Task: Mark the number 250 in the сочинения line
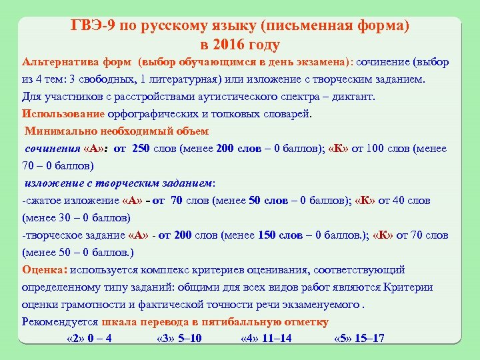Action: click(141, 149)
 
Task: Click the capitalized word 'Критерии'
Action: click(408, 287)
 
